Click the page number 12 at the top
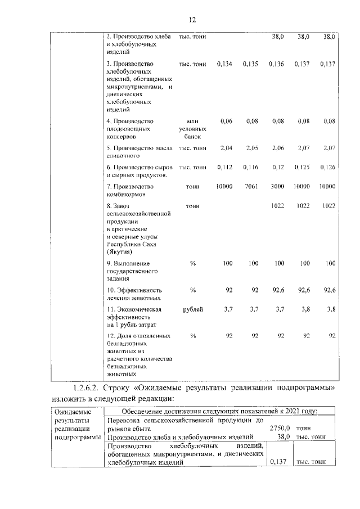[192, 20]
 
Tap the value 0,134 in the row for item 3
[224, 64]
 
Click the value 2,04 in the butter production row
[226, 148]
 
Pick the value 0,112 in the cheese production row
[224, 167]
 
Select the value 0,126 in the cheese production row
[327, 167]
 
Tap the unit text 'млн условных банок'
[193, 128]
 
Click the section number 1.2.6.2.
[93, 389]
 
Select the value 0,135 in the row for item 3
[250, 64]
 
